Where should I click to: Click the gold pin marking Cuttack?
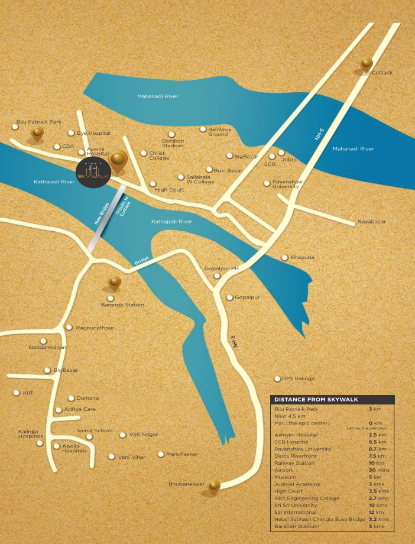[x=367, y=64]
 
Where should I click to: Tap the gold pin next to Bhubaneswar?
[x=213, y=485]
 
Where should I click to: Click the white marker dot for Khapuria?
[x=284, y=258]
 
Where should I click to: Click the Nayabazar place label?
[x=371, y=221]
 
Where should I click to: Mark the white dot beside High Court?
[x=153, y=184]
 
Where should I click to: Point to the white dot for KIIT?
[x=16, y=393]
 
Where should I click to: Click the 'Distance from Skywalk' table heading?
[x=307, y=399]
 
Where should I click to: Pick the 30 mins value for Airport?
[x=377, y=470]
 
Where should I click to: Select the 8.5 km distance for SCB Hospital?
[x=377, y=442]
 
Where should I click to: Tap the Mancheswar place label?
[x=181, y=454]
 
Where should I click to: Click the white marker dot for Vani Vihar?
[x=111, y=456]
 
